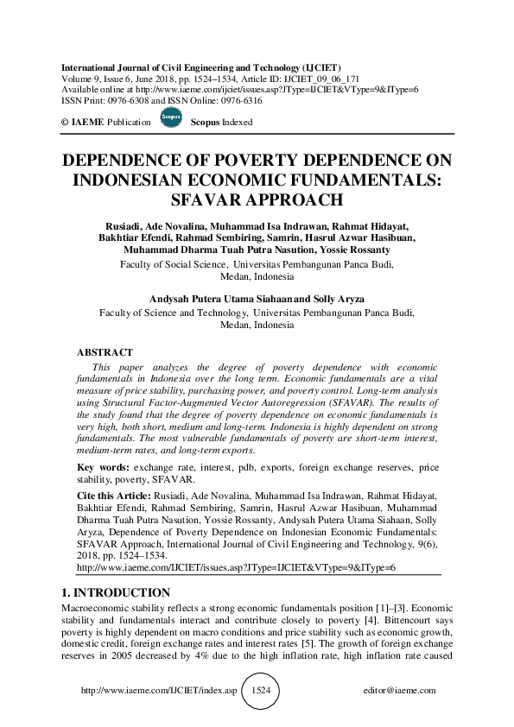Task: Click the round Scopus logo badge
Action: [x=170, y=120]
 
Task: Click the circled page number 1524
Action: [x=260, y=691]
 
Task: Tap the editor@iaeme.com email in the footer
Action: [x=401, y=691]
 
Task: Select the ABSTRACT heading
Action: [x=105, y=352]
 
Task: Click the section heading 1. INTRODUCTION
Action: [x=115, y=592]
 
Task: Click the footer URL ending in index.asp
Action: [x=148, y=691]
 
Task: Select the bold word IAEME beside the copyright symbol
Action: [x=87, y=123]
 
